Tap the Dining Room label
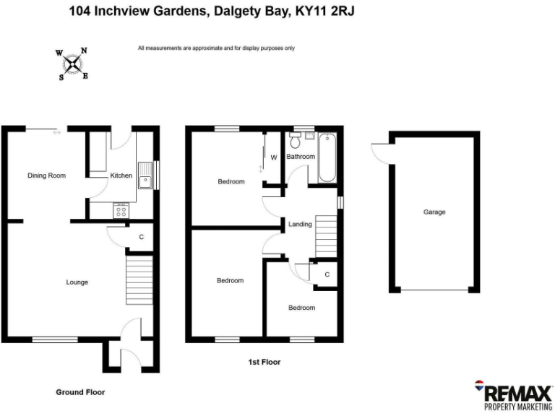click(x=46, y=175)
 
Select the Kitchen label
click(x=121, y=175)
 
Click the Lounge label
click(x=77, y=282)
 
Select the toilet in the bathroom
click(x=297, y=141)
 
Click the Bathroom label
click(x=301, y=157)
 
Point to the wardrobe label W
click(x=274, y=157)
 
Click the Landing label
click(x=300, y=225)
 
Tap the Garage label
click(x=434, y=212)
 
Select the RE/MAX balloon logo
click(x=478, y=387)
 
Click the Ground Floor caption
click(x=80, y=392)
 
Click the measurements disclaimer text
click(x=216, y=48)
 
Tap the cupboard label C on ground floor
click(x=141, y=237)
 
